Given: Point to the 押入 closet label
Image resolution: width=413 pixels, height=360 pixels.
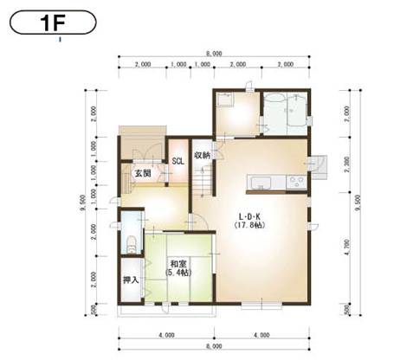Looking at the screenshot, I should coord(131,281).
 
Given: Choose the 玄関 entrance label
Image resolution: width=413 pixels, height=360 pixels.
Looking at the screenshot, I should coord(142,173).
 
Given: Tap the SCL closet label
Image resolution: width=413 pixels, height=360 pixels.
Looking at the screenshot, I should coord(177,160).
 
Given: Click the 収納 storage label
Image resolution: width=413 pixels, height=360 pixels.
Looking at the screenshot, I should coord(201,156).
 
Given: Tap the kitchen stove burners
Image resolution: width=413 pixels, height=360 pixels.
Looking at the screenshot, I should coord(295,182).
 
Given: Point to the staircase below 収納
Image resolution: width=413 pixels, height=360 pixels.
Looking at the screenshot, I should coord(201,181).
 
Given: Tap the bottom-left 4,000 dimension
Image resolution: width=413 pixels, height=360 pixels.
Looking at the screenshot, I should coord(161,334).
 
